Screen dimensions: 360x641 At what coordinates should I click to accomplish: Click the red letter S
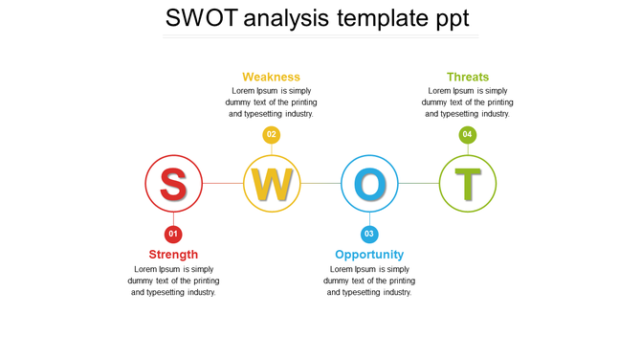pyautogui.click(x=173, y=184)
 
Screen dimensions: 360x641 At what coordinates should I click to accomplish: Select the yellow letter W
pyautogui.click(x=272, y=184)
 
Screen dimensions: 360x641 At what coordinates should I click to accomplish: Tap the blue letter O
pyautogui.click(x=369, y=184)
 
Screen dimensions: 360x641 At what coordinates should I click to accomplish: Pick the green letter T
pyautogui.click(x=467, y=184)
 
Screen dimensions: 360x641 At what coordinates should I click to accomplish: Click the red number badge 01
pyautogui.click(x=173, y=234)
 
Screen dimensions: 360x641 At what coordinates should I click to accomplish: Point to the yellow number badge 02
pyautogui.click(x=272, y=135)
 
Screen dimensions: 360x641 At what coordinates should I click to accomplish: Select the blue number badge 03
pyautogui.click(x=369, y=234)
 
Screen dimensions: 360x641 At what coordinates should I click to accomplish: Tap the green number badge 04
pyautogui.click(x=467, y=135)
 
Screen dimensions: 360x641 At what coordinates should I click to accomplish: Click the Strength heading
pyautogui.click(x=173, y=255)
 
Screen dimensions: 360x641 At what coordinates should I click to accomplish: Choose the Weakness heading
pyautogui.click(x=272, y=78)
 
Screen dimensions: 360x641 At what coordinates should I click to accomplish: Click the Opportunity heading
pyautogui.click(x=369, y=255)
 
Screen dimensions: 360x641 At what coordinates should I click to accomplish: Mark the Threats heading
pyautogui.click(x=468, y=78)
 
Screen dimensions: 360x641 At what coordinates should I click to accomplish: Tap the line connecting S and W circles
pyautogui.click(x=223, y=183)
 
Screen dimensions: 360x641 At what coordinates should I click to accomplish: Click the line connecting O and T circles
pyautogui.click(x=418, y=183)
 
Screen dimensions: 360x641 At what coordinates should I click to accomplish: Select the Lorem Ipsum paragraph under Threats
pyautogui.click(x=467, y=101)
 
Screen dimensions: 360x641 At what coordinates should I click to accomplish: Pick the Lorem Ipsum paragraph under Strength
pyautogui.click(x=173, y=281)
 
